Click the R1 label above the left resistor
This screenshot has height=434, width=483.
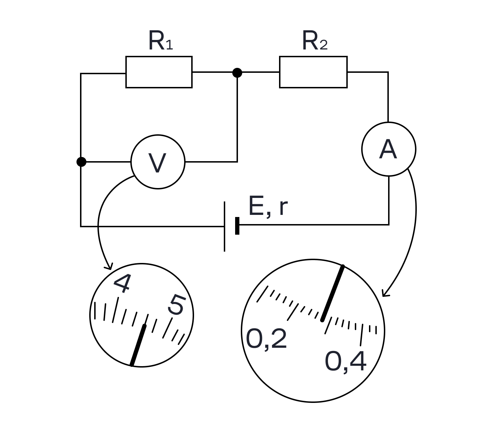[x=161, y=40]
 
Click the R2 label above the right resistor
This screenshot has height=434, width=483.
[x=315, y=40]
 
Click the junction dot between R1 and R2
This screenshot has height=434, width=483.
[x=237, y=72]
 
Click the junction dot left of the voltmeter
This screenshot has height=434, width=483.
[x=81, y=162]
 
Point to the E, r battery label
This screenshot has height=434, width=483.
[x=268, y=206]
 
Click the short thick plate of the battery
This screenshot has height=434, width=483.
[x=237, y=225]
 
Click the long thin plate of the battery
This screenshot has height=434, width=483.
[x=225, y=227]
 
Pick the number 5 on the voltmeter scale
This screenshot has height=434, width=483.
[x=177, y=305]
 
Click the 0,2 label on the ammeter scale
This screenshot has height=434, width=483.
[x=266, y=339]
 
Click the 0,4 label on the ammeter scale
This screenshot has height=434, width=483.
[x=346, y=361]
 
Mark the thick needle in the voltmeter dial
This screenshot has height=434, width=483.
[x=138, y=345]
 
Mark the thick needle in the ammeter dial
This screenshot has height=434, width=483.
[x=333, y=293]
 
